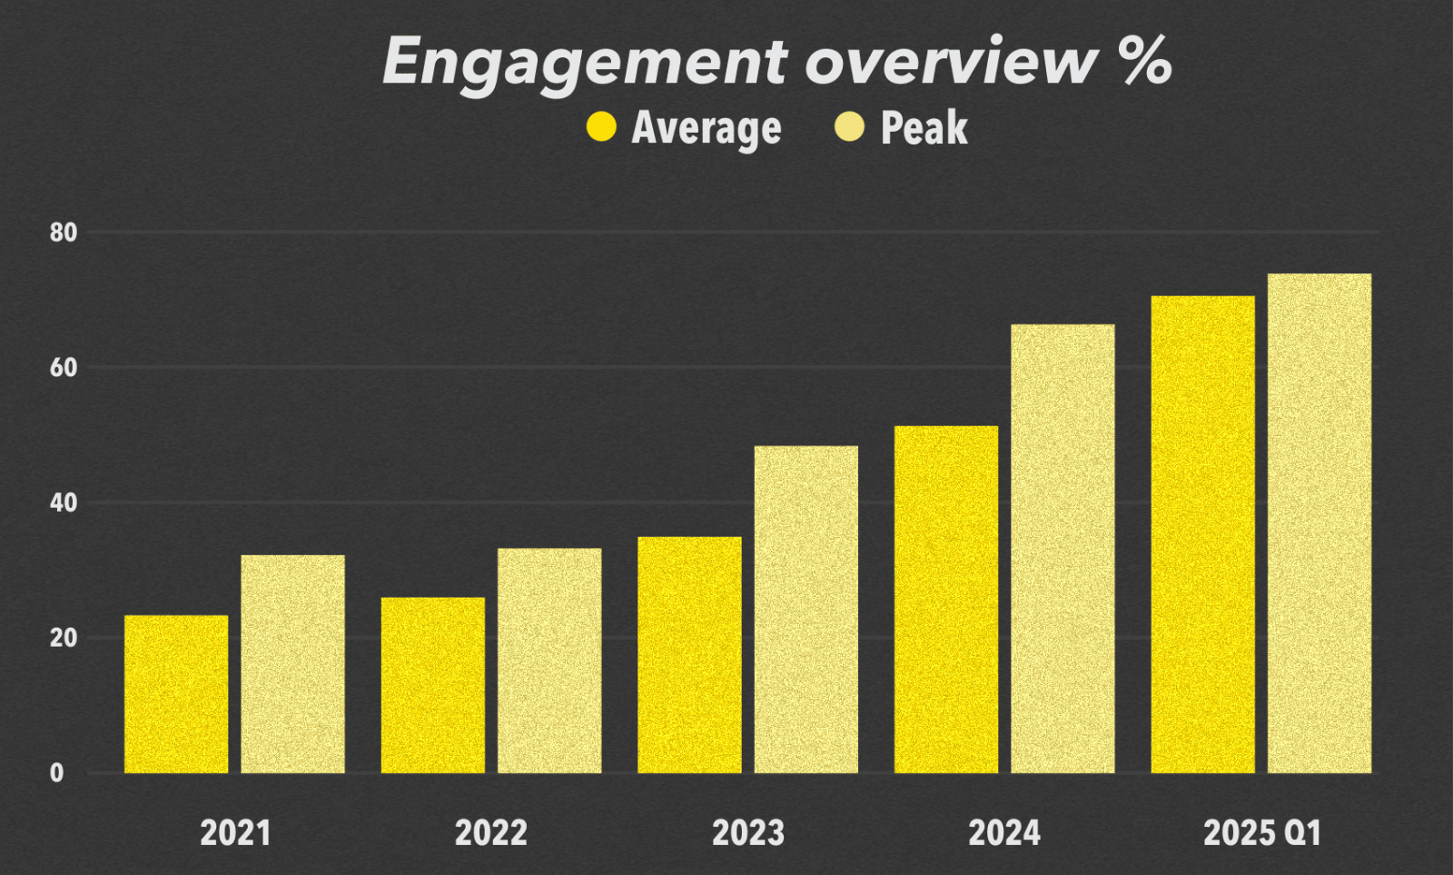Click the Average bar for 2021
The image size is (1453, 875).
(176, 694)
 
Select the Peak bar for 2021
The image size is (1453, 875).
(292, 664)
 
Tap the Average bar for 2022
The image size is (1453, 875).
(432, 685)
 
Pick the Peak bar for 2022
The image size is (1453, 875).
(549, 661)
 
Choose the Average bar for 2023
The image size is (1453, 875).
(689, 655)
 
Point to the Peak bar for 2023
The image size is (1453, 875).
(806, 610)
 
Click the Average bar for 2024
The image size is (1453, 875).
(945, 600)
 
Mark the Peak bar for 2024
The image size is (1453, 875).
(1063, 549)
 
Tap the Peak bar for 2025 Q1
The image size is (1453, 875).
(1320, 523)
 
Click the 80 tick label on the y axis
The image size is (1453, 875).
(64, 233)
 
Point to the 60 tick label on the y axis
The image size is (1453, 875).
(64, 368)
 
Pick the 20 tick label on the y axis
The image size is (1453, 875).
(64, 638)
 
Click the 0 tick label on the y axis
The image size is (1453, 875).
(56, 773)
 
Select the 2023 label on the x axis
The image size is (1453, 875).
(747, 833)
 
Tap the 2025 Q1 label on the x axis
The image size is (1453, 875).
(1261, 833)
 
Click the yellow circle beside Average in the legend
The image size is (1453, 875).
(601, 127)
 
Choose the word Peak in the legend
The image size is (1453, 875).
(924, 128)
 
